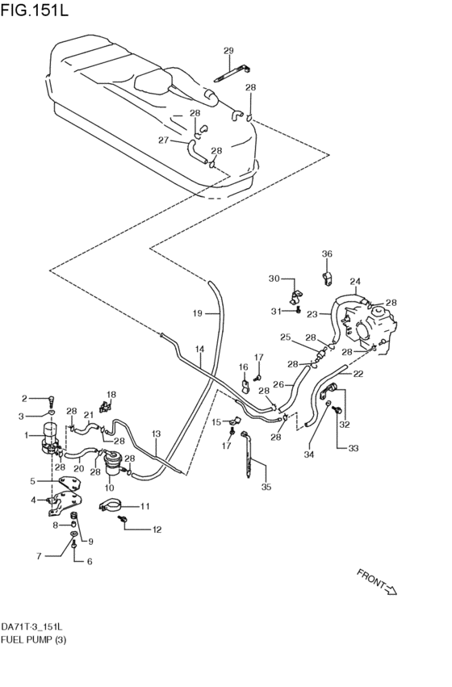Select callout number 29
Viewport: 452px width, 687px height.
point(228,52)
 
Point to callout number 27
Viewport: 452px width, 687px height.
point(163,140)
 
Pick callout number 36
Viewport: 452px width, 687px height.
point(327,254)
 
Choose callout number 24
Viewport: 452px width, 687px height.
point(354,282)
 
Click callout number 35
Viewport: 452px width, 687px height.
point(266,487)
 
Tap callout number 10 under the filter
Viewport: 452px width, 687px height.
point(110,487)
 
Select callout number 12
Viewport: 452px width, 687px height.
point(157,530)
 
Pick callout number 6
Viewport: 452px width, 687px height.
point(89,561)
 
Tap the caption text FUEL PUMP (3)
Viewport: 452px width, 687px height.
point(34,640)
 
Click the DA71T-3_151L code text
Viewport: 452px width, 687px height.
point(32,626)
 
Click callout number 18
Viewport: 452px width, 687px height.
point(111,395)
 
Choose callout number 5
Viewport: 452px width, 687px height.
point(33,481)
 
